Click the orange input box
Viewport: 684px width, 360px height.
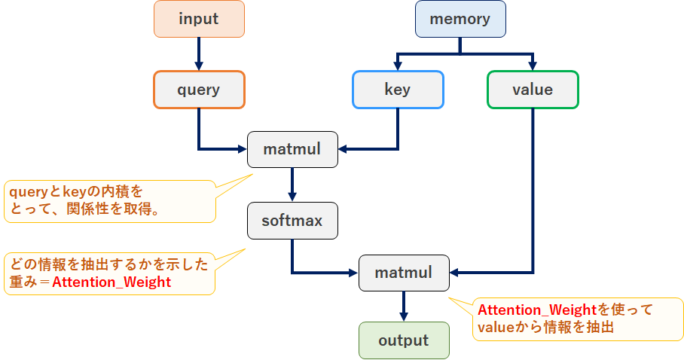point(199,19)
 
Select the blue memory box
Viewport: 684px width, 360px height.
point(460,19)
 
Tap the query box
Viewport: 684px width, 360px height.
point(199,90)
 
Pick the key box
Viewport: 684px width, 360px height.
point(398,90)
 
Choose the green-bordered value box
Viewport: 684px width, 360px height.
point(533,90)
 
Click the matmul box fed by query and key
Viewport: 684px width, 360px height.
point(292,149)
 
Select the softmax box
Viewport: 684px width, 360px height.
point(292,221)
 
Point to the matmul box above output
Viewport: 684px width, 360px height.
point(404,273)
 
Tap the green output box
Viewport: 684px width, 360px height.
point(404,340)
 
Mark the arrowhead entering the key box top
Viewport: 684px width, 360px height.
point(398,65)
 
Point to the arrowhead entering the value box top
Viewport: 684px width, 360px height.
point(533,65)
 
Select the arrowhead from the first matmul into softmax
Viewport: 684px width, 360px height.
point(292,197)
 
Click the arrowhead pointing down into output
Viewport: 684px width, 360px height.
point(404,316)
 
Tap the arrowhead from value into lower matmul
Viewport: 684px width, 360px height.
point(455,273)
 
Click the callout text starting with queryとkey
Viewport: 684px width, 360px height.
point(76,193)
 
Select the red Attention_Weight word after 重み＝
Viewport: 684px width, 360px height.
point(111,282)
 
